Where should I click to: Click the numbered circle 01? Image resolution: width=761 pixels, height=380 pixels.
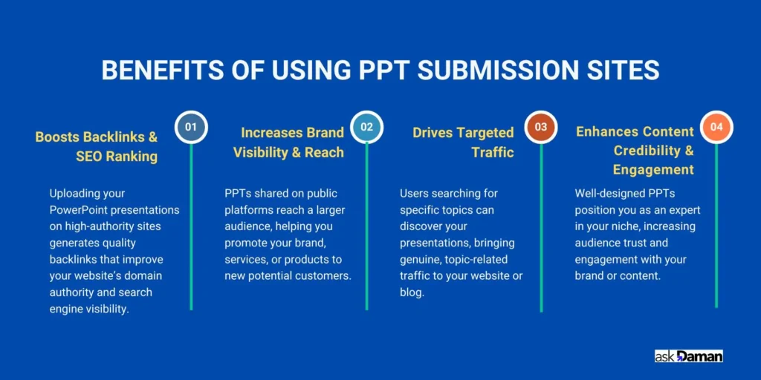click(x=191, y=127)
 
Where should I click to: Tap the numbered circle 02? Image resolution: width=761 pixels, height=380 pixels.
click(x=366, y=127)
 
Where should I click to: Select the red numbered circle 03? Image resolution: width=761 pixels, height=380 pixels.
click(x=541, y=127)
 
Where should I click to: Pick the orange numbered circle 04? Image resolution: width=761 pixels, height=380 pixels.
click(x=716, y=127)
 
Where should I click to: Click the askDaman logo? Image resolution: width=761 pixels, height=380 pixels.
click(x=688, y=356)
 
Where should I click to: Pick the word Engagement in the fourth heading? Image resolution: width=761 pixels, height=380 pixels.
click(x=654, y=170)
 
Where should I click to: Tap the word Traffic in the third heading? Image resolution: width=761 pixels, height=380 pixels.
click(x=492, y=152)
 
